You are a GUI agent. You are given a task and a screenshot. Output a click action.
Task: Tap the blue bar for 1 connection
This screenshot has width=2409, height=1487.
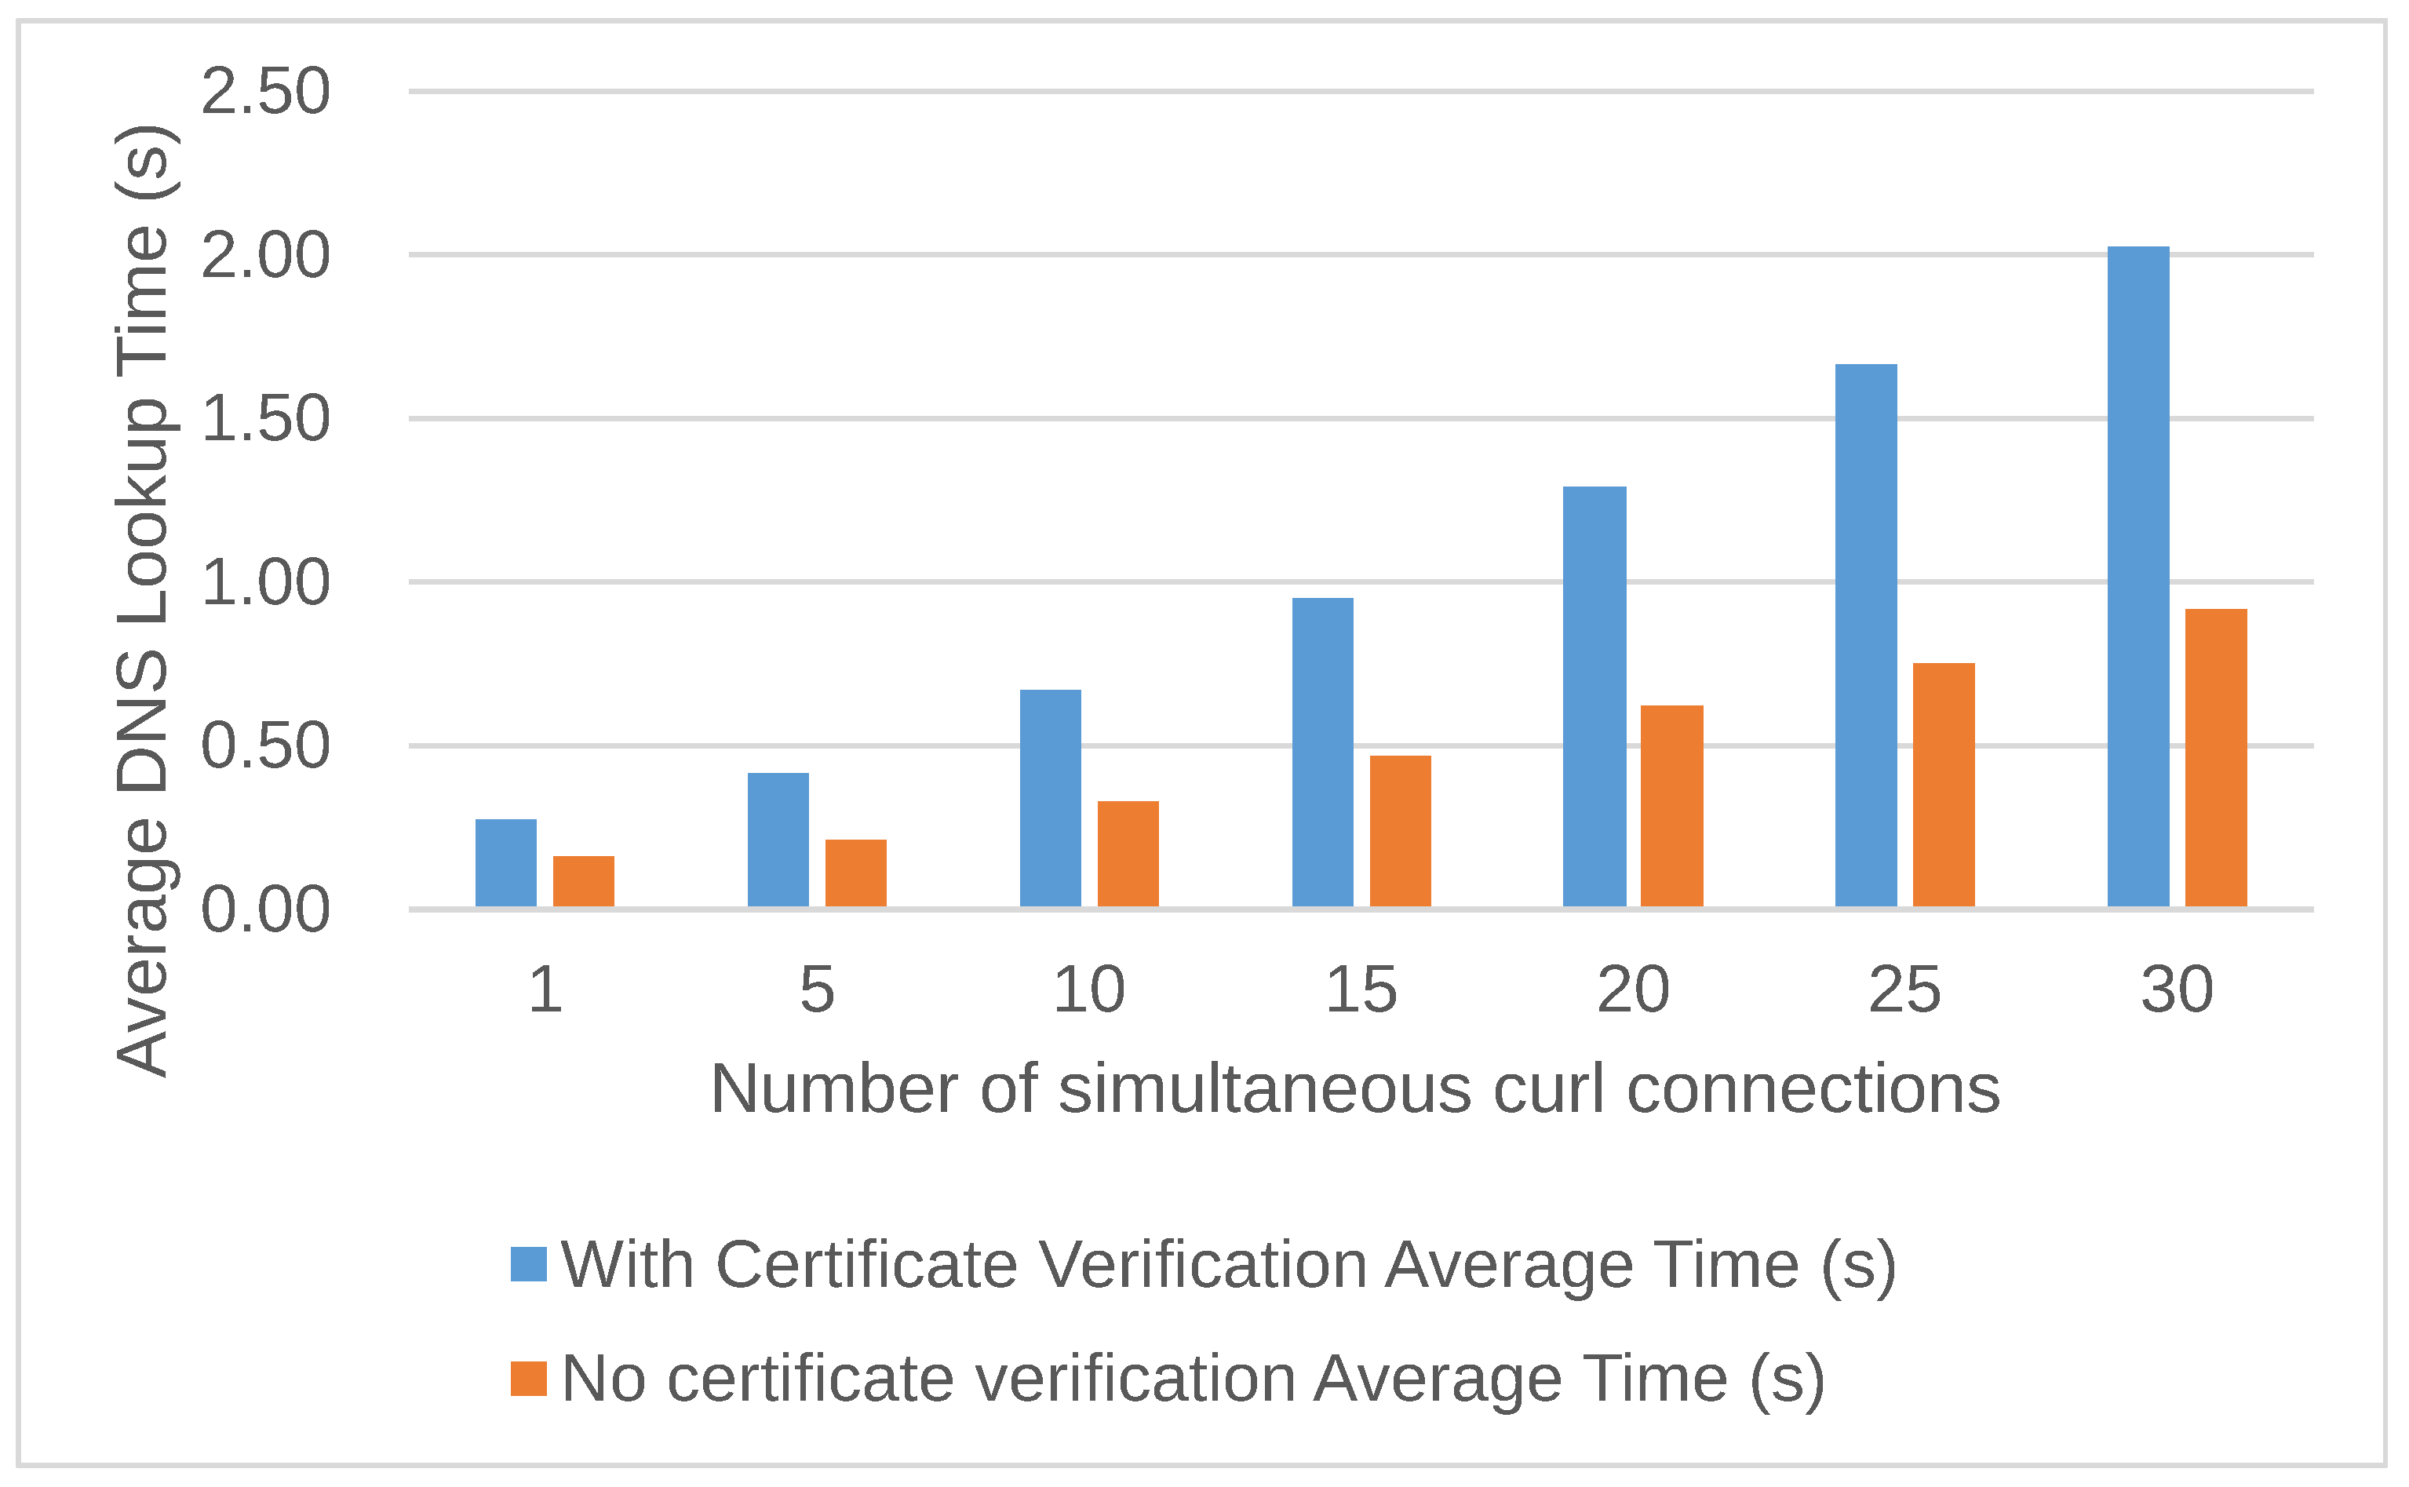tap(505, 862)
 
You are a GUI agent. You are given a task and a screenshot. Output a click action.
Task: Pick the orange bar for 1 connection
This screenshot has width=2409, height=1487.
tap(583, 881)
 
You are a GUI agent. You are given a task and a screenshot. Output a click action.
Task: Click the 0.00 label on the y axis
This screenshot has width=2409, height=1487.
tap(265, 909)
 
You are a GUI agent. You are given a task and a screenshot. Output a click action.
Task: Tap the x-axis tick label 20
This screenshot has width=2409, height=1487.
tap(1632, 990)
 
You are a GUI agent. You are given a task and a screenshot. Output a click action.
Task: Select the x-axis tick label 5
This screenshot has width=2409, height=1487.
tap(816, 990)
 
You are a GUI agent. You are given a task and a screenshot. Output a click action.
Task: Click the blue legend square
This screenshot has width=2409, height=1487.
tap(528, 1263)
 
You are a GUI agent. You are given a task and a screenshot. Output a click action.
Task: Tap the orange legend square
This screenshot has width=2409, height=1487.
tap(528, 1378)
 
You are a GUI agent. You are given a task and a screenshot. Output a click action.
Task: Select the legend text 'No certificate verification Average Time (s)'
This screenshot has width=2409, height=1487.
tap(1193, 1378)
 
